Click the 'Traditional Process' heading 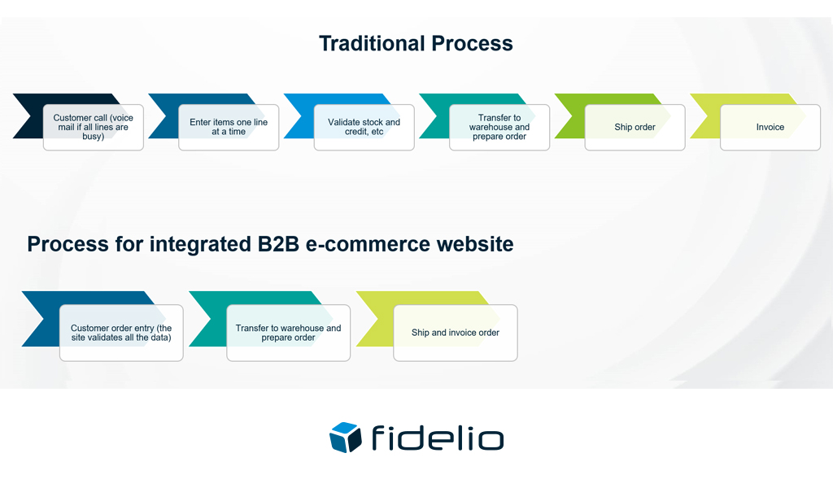pos(416,43)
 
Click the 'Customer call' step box pos(94,128)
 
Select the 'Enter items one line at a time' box pos(229,128)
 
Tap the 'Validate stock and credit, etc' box pos(364,128)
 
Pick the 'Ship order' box pos(635,128)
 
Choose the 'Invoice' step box pos(770,128)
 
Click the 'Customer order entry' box pos(121,333)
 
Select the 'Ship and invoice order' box pos(455,333)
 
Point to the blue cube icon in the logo pos(345,437)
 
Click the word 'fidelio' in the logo pos(438,438)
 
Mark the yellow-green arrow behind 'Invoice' pos(704,114)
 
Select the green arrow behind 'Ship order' pos(569,114)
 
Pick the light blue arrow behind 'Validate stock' pos(298,114)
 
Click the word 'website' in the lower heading pos(476,244)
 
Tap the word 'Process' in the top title pos(473,43)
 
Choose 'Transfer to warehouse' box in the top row pos(499,128)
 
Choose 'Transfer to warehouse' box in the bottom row pos(288,333)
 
